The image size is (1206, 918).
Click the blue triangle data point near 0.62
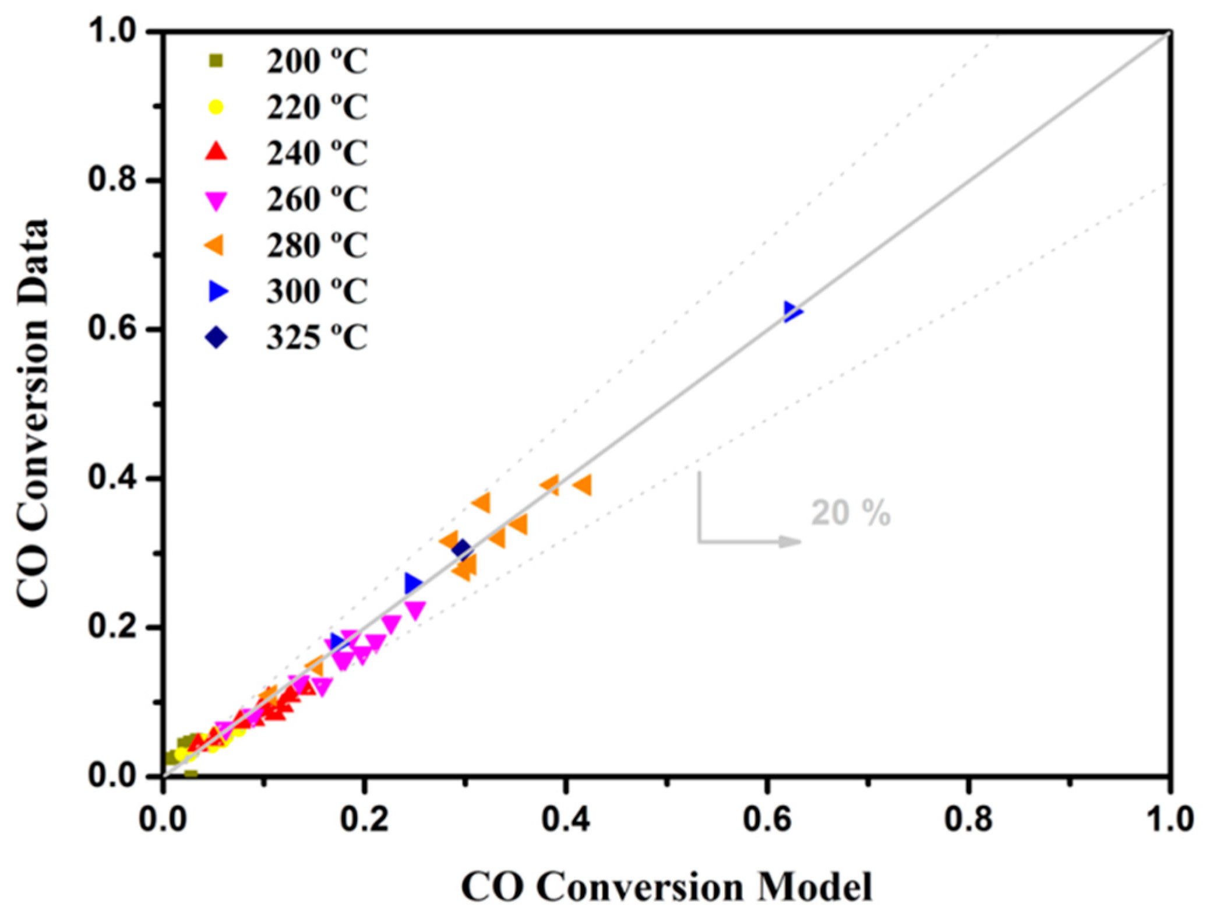[x=792, y=312]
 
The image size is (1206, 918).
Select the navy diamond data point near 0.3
[x=461, y=549]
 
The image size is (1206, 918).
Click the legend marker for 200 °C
[x=216, y=61]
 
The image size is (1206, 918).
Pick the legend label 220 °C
[x=317, y=107]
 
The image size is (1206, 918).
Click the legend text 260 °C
[x=317, y=199]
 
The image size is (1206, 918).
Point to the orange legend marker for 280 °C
[x=215, y=245]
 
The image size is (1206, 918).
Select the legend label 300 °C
[x=317, y=291]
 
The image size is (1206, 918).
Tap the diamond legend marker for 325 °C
[x=216, y=337]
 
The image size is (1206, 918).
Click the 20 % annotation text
[x=850, y=513]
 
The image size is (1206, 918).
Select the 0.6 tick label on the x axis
[x=767, y=819]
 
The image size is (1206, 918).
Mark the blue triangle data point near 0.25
[x=412, y=583]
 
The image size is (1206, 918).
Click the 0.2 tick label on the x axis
[x=364, y=819]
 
